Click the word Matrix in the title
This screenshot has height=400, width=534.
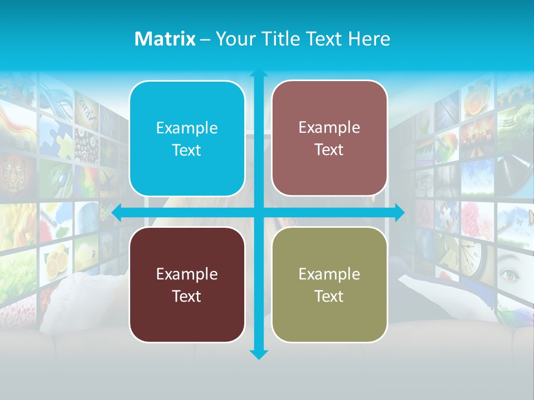(x=165, y=39)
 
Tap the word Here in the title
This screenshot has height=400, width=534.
(x=369, y=39)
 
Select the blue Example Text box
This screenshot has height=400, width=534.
(x=187, y=139)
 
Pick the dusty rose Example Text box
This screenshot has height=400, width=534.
(x=329, y=138)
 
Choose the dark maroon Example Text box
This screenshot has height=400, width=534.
(x=187, y=284)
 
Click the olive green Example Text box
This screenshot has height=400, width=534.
(x=329, y=284)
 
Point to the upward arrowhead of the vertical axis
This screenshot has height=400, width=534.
(x=259, y=74)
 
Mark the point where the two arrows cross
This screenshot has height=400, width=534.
(x=259, y=212)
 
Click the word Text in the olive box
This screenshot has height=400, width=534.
(x=329, y=296)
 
